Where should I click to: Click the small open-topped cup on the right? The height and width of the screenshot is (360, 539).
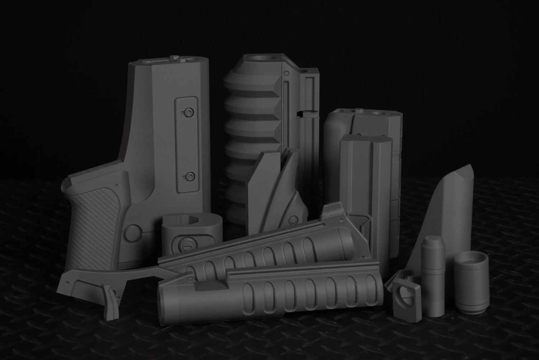(471, 281)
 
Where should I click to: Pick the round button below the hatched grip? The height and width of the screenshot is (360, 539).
(132, 233)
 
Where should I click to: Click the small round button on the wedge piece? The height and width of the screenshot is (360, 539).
(294, 219)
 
